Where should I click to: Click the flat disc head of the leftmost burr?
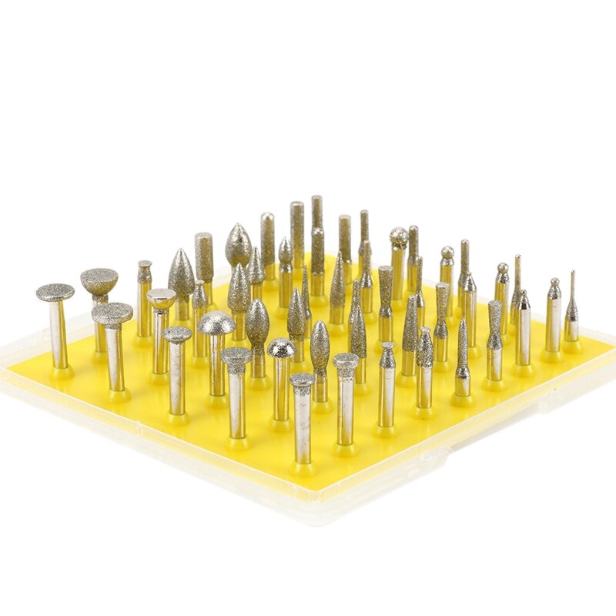55,292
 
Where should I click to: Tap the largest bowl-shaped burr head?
99,280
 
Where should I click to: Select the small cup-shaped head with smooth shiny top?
162,298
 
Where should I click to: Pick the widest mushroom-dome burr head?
216,323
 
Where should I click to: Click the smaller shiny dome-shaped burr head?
281,348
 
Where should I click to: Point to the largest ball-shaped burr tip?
399,237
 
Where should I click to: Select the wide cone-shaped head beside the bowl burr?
182,273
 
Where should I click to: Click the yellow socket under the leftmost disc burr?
62,371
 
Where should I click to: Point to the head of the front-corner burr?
302,380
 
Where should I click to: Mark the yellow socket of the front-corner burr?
303,466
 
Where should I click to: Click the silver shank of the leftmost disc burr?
59,335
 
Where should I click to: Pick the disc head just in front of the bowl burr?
112,314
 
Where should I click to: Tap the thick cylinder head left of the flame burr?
204,256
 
